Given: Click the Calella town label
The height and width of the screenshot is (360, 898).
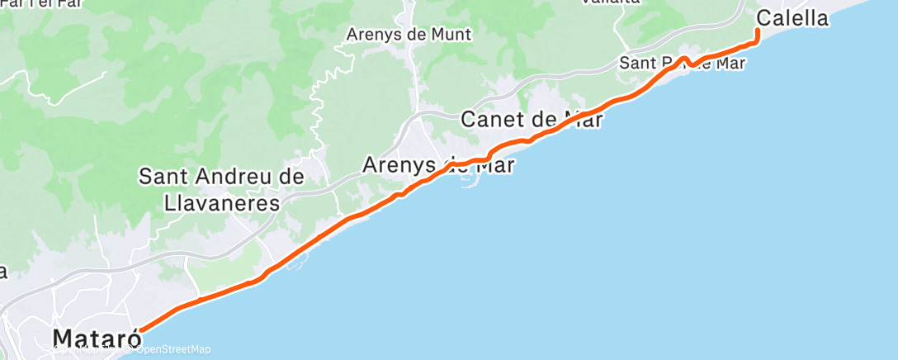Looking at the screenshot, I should tap(792, 17).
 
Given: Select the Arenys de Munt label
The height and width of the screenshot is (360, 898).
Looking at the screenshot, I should tap(409, 35).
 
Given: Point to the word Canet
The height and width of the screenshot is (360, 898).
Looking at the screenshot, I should tap(492, 119).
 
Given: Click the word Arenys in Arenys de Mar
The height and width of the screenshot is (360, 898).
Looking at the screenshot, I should tap(399, 165).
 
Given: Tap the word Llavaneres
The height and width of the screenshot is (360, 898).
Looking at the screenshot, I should tap(209, 202).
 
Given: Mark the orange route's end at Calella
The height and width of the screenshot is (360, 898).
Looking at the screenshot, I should tap(758, 31).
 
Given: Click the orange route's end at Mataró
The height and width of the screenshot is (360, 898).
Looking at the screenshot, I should tap(141, 330).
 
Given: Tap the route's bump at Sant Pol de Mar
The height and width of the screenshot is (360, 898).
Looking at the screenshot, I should tap(685, 59).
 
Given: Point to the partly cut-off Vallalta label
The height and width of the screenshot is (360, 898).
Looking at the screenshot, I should tap(611, 2).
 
